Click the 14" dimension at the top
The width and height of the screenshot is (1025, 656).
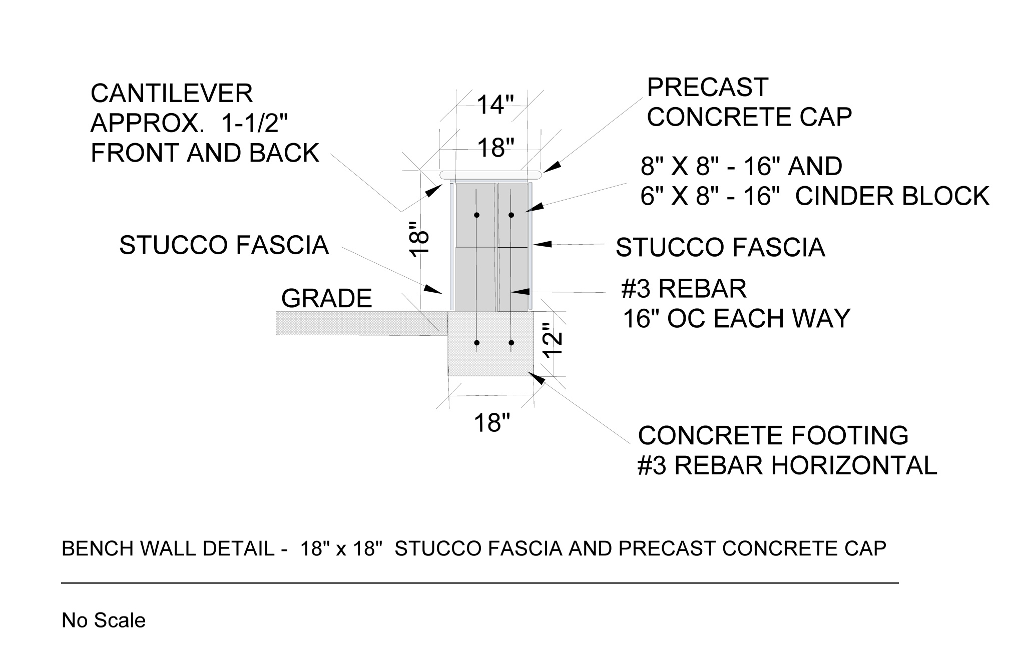click(x=495, y=105)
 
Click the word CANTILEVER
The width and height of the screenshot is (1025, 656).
click(x=172, y=94)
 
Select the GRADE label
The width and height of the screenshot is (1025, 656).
click(x=326, y=299)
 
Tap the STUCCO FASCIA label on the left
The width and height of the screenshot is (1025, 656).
click(x=224, y=245)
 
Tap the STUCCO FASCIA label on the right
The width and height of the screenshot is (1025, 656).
click(x=720, y=247)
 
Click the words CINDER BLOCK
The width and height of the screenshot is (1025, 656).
click(x=892, y=196)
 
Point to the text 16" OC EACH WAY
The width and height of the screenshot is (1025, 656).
click(x=736, y=318)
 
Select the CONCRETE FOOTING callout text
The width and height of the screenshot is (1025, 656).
click(x=773, y=435)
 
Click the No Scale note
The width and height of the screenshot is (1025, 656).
click(x=104, y=620)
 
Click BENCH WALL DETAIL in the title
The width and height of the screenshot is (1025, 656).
click(x=168, y=549)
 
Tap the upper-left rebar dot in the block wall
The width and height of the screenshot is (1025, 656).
click(x=476, y=215)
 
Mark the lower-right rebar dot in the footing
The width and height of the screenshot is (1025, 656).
click(x=511, y=343)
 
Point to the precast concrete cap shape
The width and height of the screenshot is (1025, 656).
click(x=490, y=175)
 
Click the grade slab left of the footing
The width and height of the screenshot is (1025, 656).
click(x=360, y=323)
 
